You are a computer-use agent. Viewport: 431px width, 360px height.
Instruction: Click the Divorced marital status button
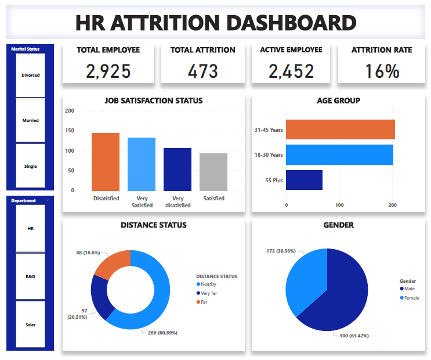click(30, 75)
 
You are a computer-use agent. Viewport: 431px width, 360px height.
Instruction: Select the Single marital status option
click(30, 166)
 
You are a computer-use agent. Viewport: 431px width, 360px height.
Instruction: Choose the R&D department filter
click(30, 276)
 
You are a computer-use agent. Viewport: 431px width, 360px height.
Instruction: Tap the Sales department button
click(30, 325)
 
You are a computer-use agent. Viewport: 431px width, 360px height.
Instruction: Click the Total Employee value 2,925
click(108, 71)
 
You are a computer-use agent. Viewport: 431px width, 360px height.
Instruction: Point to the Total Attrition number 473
click(203, 71)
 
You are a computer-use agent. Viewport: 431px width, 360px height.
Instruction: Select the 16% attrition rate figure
click(382, 71)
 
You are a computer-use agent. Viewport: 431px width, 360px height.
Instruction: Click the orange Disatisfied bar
click(106, 162)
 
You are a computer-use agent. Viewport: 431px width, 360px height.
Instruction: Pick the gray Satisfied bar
click(213, 172)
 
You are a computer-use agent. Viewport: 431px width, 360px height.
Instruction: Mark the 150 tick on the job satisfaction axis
click(70, 131)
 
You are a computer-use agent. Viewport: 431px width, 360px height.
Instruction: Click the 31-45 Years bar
click(341, 129)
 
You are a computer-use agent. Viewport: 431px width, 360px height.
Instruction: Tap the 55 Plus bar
click(304, 180)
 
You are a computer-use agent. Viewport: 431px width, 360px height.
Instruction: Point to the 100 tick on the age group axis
click(339, 205)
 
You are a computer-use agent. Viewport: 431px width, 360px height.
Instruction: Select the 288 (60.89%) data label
click(164, 333)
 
